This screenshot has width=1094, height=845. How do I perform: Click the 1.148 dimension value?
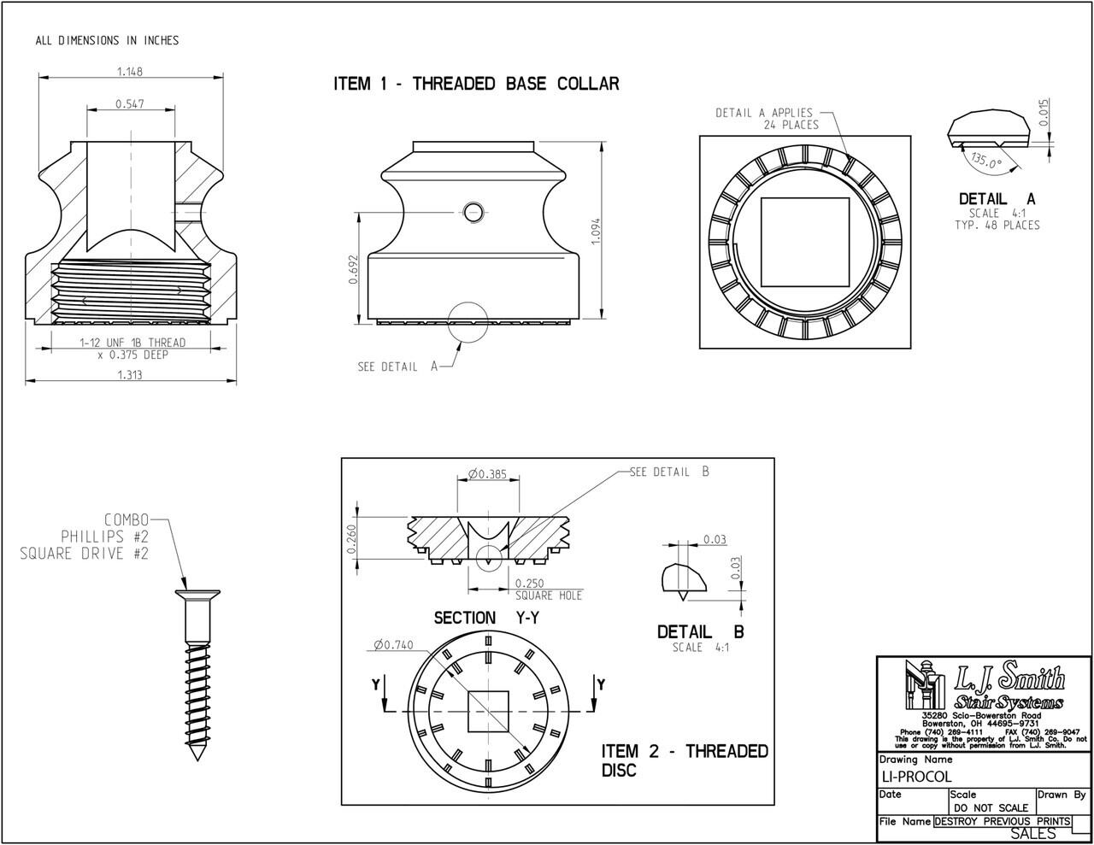click(x=131, y=71)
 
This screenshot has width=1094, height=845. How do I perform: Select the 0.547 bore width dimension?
click(x=131, y=104)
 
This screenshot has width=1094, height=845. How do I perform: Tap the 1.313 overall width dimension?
click(x=130, y=374)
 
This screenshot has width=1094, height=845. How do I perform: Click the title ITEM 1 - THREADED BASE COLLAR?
click(x=476, y=84)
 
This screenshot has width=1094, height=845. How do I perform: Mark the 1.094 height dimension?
click(x=597, y=231)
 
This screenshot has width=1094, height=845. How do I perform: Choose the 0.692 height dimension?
click(x=352, y=267)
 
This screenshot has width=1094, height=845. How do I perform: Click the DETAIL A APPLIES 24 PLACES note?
click(x=767, y=119)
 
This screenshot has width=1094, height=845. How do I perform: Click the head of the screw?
click(x=197, y=595)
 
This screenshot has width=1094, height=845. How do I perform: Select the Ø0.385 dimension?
click(x=488, y=473)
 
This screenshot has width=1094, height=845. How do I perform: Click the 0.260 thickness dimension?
click(x=351, y=538)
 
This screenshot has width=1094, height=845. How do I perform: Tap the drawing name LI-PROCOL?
click(x=916, y=777)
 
